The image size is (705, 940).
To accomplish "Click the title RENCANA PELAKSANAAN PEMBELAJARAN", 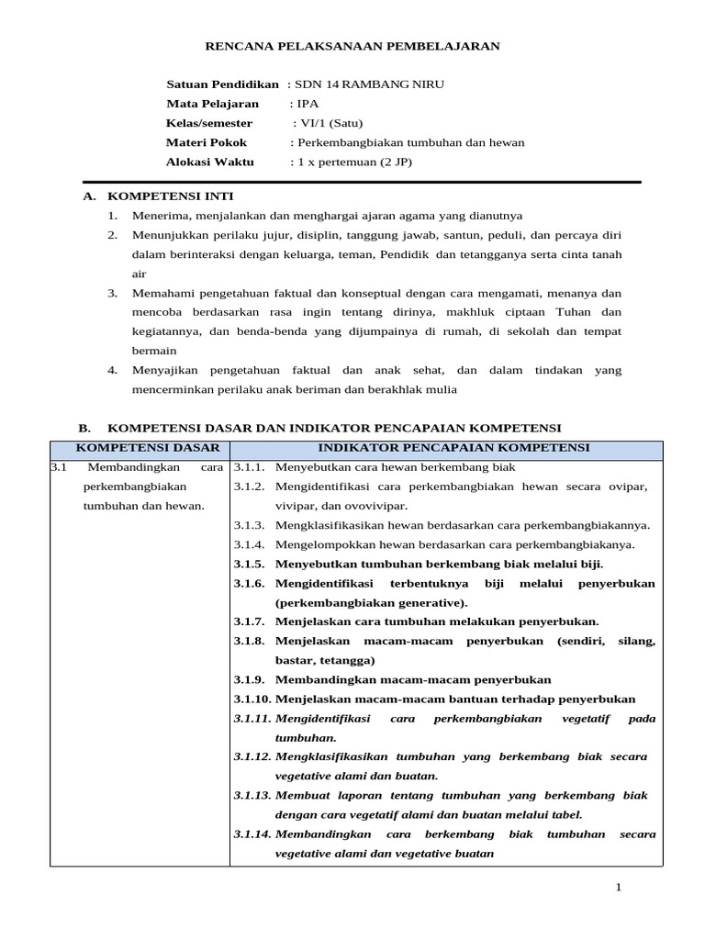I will point(352,46).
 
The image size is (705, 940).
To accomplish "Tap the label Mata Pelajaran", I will point(212,104).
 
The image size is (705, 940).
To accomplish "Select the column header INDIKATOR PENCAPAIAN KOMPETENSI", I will point(453,448).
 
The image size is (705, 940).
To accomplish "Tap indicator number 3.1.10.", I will point(252,699).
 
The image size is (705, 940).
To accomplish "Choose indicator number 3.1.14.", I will point(252,834).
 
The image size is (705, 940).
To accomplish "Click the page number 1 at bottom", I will point(619,887).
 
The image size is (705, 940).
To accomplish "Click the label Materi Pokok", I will point(203,142).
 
